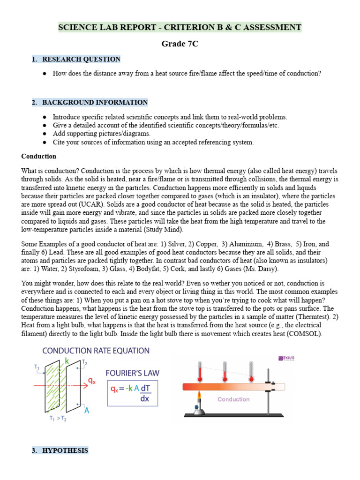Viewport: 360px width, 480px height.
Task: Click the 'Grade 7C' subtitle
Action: pos(180,44)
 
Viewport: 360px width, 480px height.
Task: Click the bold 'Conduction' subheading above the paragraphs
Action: pos(39,156)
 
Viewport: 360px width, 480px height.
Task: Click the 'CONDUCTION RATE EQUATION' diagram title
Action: pos(96,351)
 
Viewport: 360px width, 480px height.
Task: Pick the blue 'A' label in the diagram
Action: pos(87,411)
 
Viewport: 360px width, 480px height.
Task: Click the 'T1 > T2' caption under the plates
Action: pos(58,419)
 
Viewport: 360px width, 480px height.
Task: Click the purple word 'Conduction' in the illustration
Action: pos(233,399)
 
